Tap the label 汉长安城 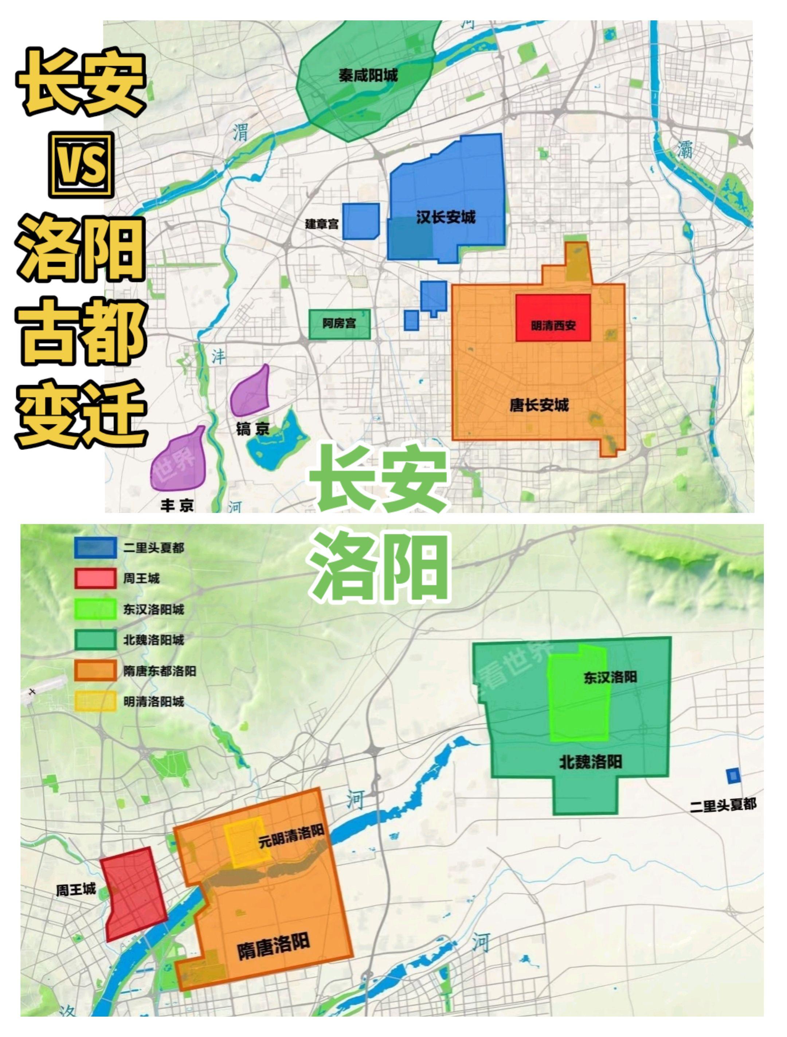[x=446, y=217]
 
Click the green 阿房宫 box [x=340, y=323]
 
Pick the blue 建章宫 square [x=361, y=221]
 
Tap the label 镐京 [x=252, y=429]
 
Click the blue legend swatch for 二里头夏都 [x=95, y=547]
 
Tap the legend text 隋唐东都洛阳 [x=160, y=671]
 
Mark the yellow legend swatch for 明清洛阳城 [x=95, y=701]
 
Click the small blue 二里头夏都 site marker [x=733, y=776]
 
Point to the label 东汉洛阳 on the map [x=610, y=677]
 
